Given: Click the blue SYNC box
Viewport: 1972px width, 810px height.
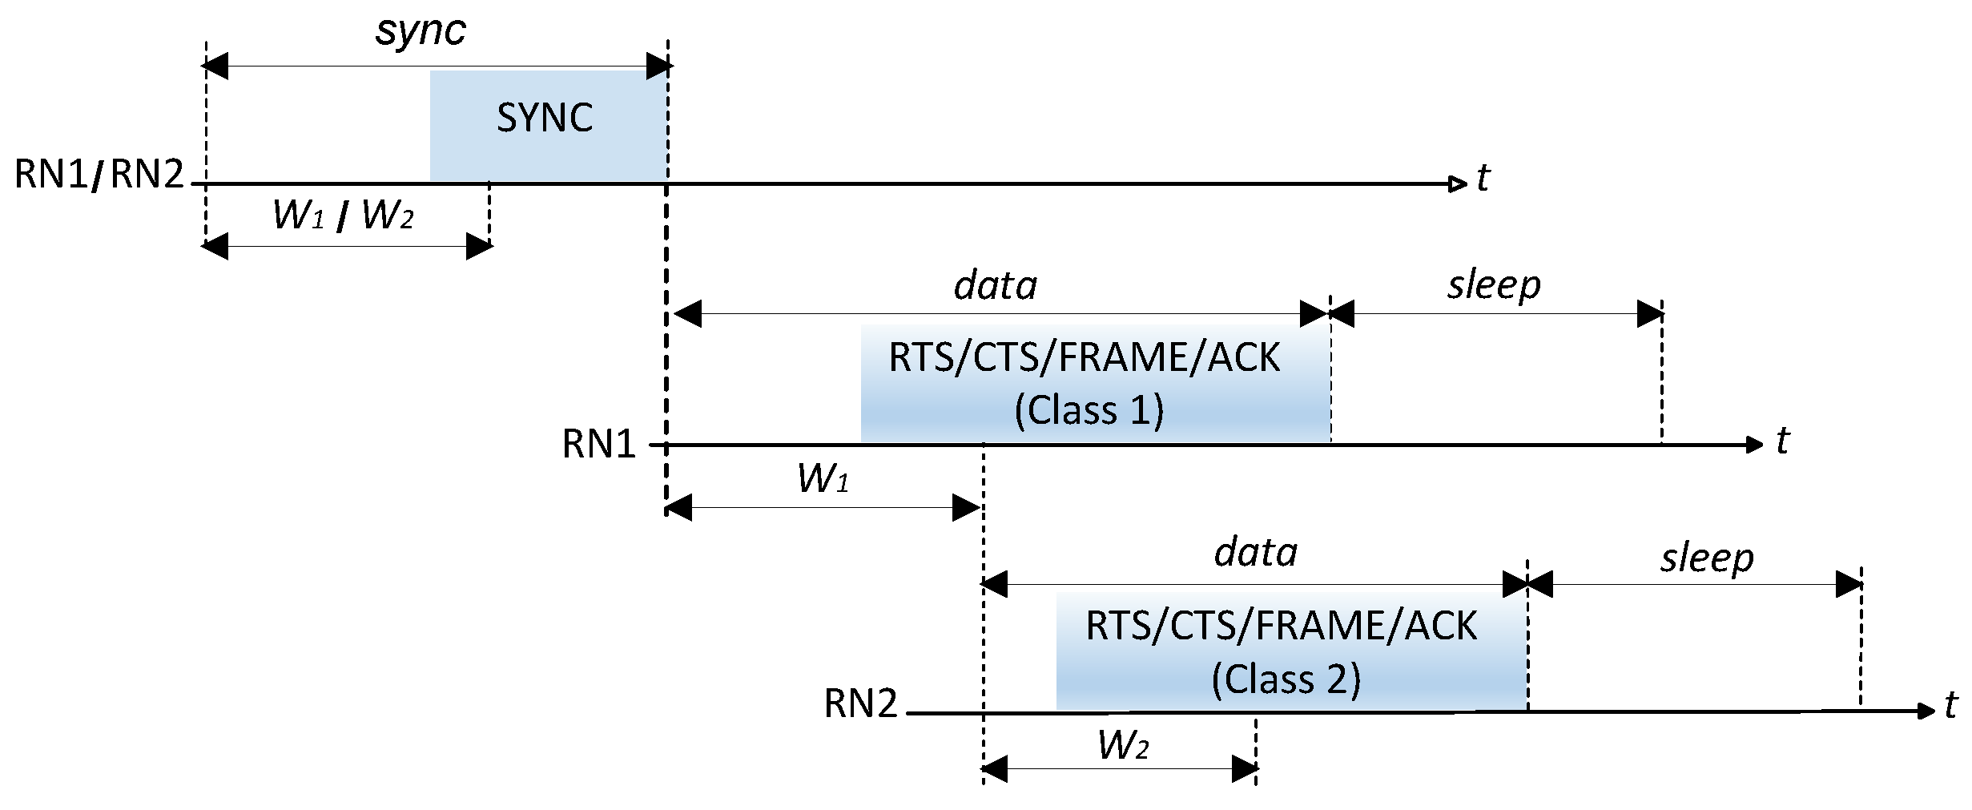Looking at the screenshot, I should coord(548,125).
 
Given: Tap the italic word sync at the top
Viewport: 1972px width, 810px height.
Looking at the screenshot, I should coord(421,32).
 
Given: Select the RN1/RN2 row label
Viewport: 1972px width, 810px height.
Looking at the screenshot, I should coord(99,174).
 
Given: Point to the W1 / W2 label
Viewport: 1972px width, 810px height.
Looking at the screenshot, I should coord(343,215).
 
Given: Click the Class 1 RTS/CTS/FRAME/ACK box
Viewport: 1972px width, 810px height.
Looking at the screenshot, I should coord(1095,383).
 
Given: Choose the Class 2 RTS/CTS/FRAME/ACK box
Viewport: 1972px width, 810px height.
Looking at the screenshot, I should coord(1291,651).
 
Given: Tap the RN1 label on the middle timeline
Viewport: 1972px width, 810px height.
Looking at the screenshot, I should coord(598,444).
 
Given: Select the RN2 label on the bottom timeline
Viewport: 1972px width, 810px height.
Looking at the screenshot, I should coord(860,704).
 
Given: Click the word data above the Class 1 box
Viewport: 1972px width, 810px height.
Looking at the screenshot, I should coord(996,286).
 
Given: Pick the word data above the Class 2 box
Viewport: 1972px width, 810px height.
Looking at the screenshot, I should coord(1256,554).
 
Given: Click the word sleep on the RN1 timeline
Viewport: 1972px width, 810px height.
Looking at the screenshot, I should coord(1494,286).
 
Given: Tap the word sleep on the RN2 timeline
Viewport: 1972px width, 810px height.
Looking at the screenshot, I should coord(1707,558).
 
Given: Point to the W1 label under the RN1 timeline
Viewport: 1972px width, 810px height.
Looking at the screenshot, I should coord(823,478).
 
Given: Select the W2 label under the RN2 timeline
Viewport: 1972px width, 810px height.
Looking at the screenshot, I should coord(1123,746).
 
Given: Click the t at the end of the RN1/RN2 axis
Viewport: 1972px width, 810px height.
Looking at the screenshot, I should coord(1483,178).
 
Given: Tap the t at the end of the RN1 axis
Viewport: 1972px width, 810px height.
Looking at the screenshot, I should coord(1782,441).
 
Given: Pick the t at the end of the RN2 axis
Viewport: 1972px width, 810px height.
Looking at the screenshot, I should coord(1950,706).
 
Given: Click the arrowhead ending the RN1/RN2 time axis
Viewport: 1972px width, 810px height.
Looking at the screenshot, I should coord(1458,184).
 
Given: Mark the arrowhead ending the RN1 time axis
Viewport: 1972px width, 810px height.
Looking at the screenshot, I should coord(1754,445).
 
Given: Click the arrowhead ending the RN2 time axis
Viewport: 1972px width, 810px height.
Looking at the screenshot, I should coord(1926,711).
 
